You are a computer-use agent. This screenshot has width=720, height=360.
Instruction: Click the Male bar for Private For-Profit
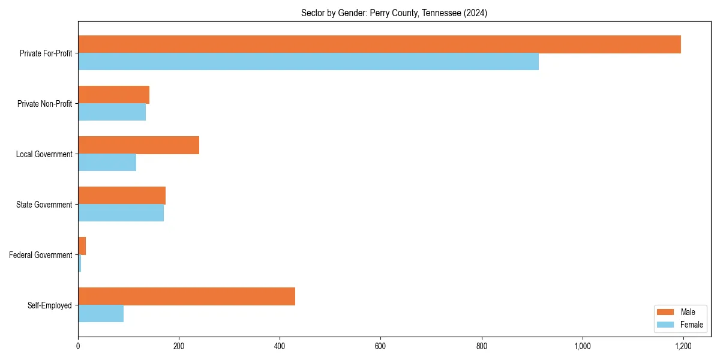pyautogui.click(x=379, y=44)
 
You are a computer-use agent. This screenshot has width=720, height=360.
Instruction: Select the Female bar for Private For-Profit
pyautogui.click(x=308, y=62)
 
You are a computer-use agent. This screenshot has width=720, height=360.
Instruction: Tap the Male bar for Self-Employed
pyautogui.click(x=187, y=296)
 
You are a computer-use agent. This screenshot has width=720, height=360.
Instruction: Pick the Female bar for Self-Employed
pyautogui.click(x=101, y=314)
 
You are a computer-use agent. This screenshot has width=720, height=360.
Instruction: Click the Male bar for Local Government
pyautogui.click(x=139, y=145)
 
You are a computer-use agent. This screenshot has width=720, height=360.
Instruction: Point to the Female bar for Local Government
pyautogui.click(x=107, y=163)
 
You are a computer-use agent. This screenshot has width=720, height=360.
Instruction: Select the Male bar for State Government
pyautogui.click(x=122, y=196)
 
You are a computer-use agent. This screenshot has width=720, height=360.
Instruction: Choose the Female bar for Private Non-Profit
pyautogui.click(x=112, y=112)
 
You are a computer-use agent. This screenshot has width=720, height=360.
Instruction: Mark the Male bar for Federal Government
pyautogui.click(x=82, y=246)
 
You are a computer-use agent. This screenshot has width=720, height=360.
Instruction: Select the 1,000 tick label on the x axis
pyautogui.click(x=582, y=346)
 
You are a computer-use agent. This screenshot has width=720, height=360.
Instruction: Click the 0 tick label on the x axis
pyautogui.click(x=78, y=346)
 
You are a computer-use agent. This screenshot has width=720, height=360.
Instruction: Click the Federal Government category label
pyautogui.click(x=41, y=255)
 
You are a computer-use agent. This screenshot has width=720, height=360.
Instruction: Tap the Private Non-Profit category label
pyautogui.click(x=44, y=104)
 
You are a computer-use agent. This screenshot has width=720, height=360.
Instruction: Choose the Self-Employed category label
pyautogui.click(x=50, y=305)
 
